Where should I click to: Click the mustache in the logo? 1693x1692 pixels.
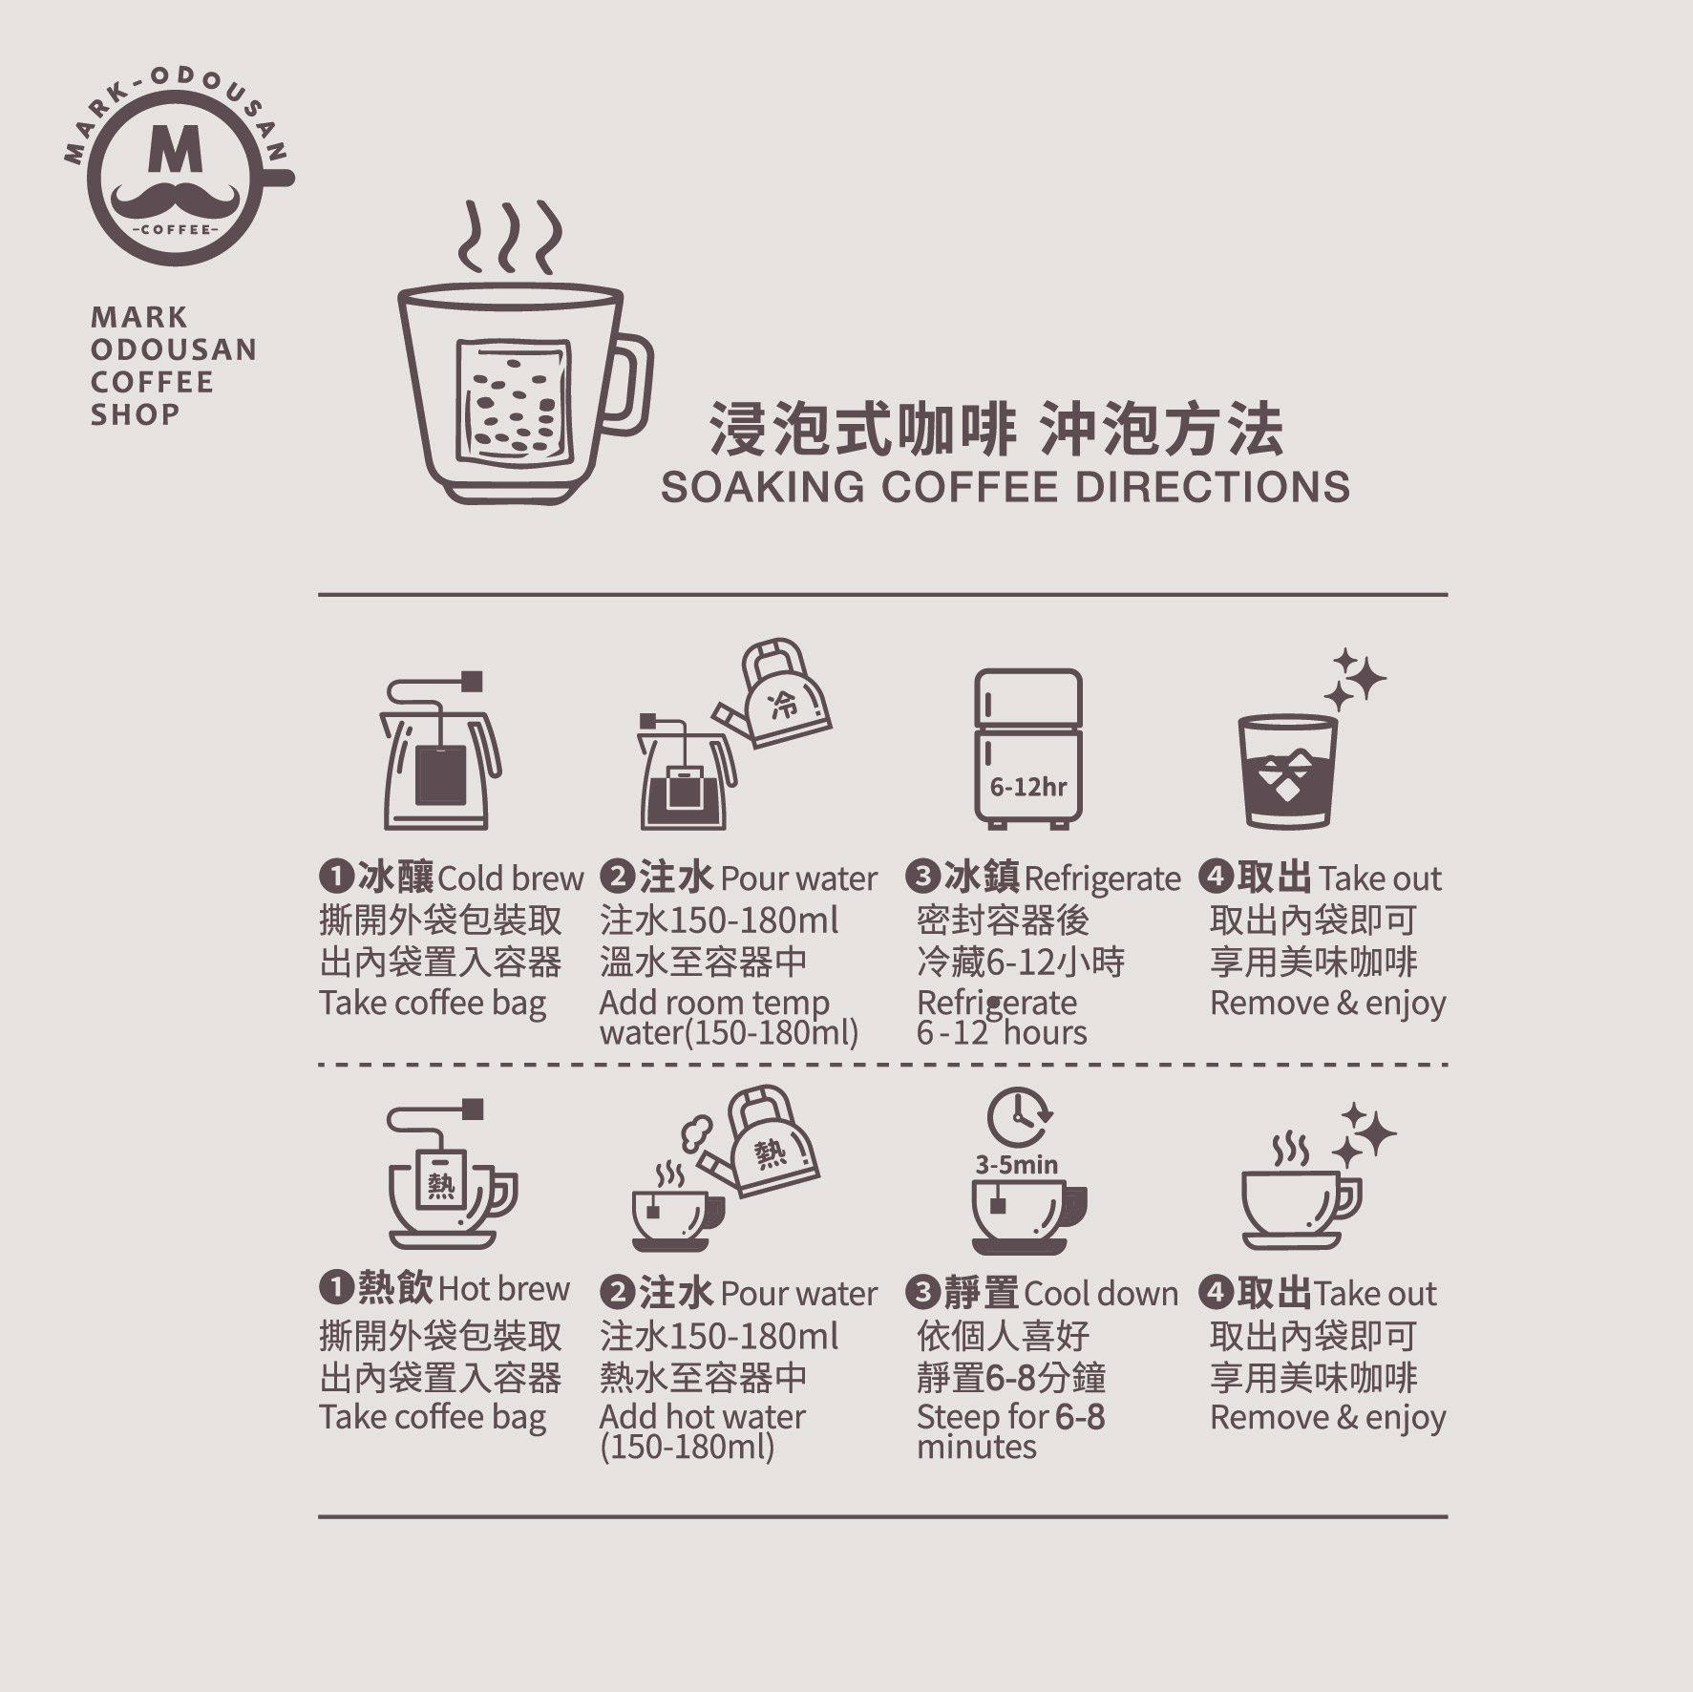(x=175, y=201)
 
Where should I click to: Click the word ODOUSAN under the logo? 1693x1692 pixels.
(x=174, y=349)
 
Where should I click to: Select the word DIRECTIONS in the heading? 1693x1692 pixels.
(x=1212, y=487)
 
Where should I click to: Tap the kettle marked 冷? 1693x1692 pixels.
(x=772, y=694)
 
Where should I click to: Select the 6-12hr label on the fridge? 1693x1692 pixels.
(x=1028, y=787)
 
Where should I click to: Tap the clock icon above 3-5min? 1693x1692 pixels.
(x=1019, y=1116)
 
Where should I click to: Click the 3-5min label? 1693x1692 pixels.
(x=1017, y=1164)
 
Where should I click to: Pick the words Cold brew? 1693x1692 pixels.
(x=511, y=878)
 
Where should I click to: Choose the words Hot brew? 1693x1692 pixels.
(x=504, y=1289)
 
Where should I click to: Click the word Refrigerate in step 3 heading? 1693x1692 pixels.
(x=1102, y=879)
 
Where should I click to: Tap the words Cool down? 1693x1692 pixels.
(x=1101, y=1294)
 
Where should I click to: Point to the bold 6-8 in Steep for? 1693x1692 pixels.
(x=1080, y=1417)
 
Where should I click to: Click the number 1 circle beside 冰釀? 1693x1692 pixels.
(x=336, y=876)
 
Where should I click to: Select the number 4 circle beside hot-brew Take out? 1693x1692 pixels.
(x=1216, y=1292)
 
